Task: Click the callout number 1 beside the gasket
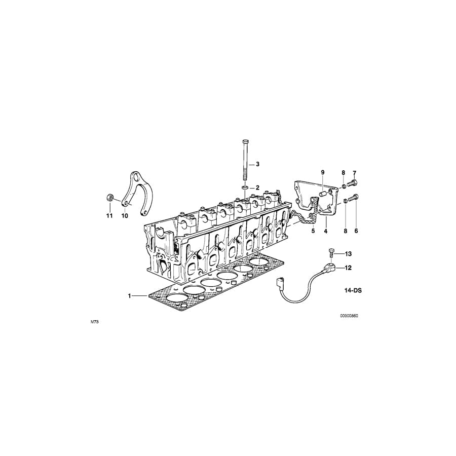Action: (x=130, y=295)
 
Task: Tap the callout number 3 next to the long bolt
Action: (x=257, y=164)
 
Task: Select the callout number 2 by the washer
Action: (x=257, y=187)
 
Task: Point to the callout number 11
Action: (x=108, y=216)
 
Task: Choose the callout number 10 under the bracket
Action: (x=125, y=216)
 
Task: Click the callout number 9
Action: (x=322, y=173)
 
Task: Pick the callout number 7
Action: (x=355, y=173)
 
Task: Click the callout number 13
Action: (x=348, y=253)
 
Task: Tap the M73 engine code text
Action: (x=94, y=322)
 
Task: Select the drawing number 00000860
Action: (x=349, y=315)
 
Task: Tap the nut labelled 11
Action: (x=109, y=197)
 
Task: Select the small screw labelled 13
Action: (x=331, y=251)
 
